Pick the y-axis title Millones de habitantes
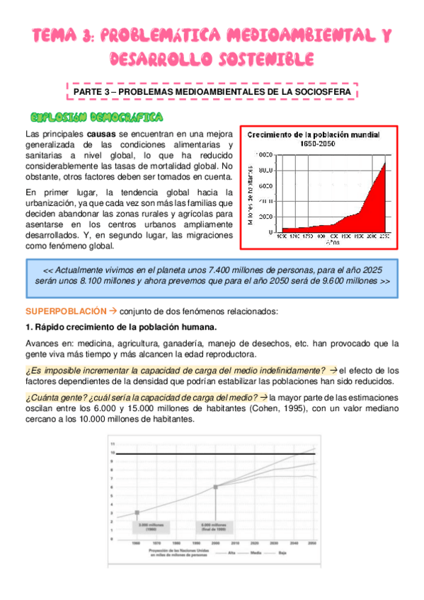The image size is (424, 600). [x=251, y=191]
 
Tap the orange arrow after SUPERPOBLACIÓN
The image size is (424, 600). [x=112, y=311]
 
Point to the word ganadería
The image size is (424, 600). [x=186, y=343]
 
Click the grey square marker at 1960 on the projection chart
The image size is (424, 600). [x=137, y=512]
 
